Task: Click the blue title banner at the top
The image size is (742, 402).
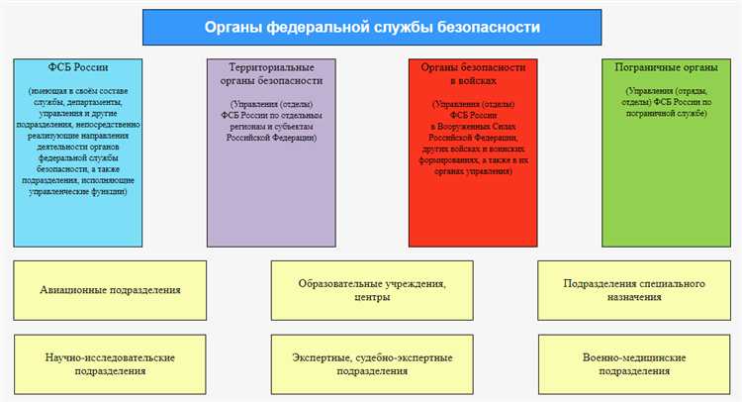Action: (x=371, y=28)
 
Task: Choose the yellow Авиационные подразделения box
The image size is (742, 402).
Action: (x=110, y=290)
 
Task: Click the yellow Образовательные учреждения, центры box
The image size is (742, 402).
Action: (x=371, y=290)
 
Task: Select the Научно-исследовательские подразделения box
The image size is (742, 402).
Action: (x=110, y=362)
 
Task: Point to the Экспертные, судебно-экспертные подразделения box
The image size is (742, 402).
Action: (x=371, y=362)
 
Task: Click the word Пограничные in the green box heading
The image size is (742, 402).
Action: (x=643, y=67)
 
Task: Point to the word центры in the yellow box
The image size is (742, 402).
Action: (x=371, y=297)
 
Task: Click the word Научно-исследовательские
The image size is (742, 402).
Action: (x=110, y=355)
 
